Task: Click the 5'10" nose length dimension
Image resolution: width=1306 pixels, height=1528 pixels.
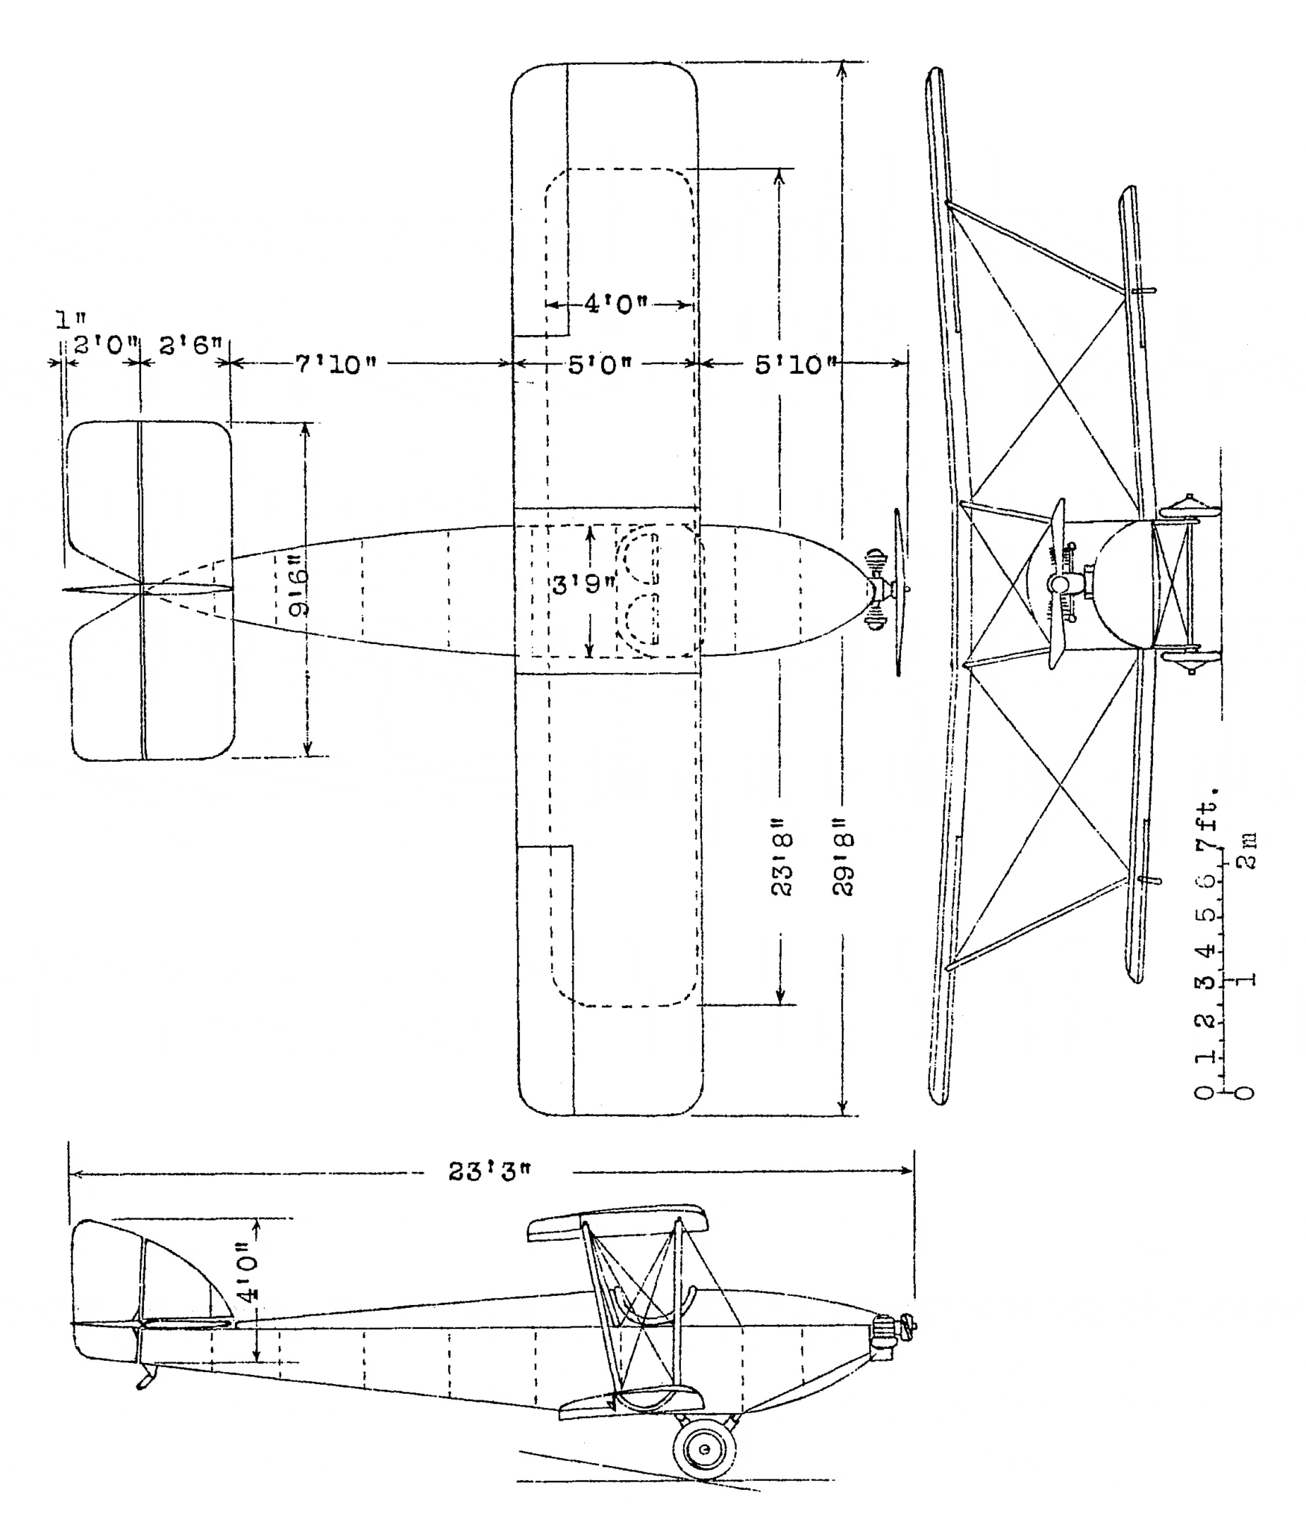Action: tap(794, 365)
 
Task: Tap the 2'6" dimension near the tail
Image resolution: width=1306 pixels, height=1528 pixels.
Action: tap(189, 345)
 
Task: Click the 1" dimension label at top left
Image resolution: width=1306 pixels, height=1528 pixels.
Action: tap(69, 320)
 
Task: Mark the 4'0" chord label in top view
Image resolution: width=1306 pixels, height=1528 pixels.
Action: tap(615, 304)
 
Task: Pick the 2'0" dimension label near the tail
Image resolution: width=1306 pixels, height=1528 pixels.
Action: tap(107, 345)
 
